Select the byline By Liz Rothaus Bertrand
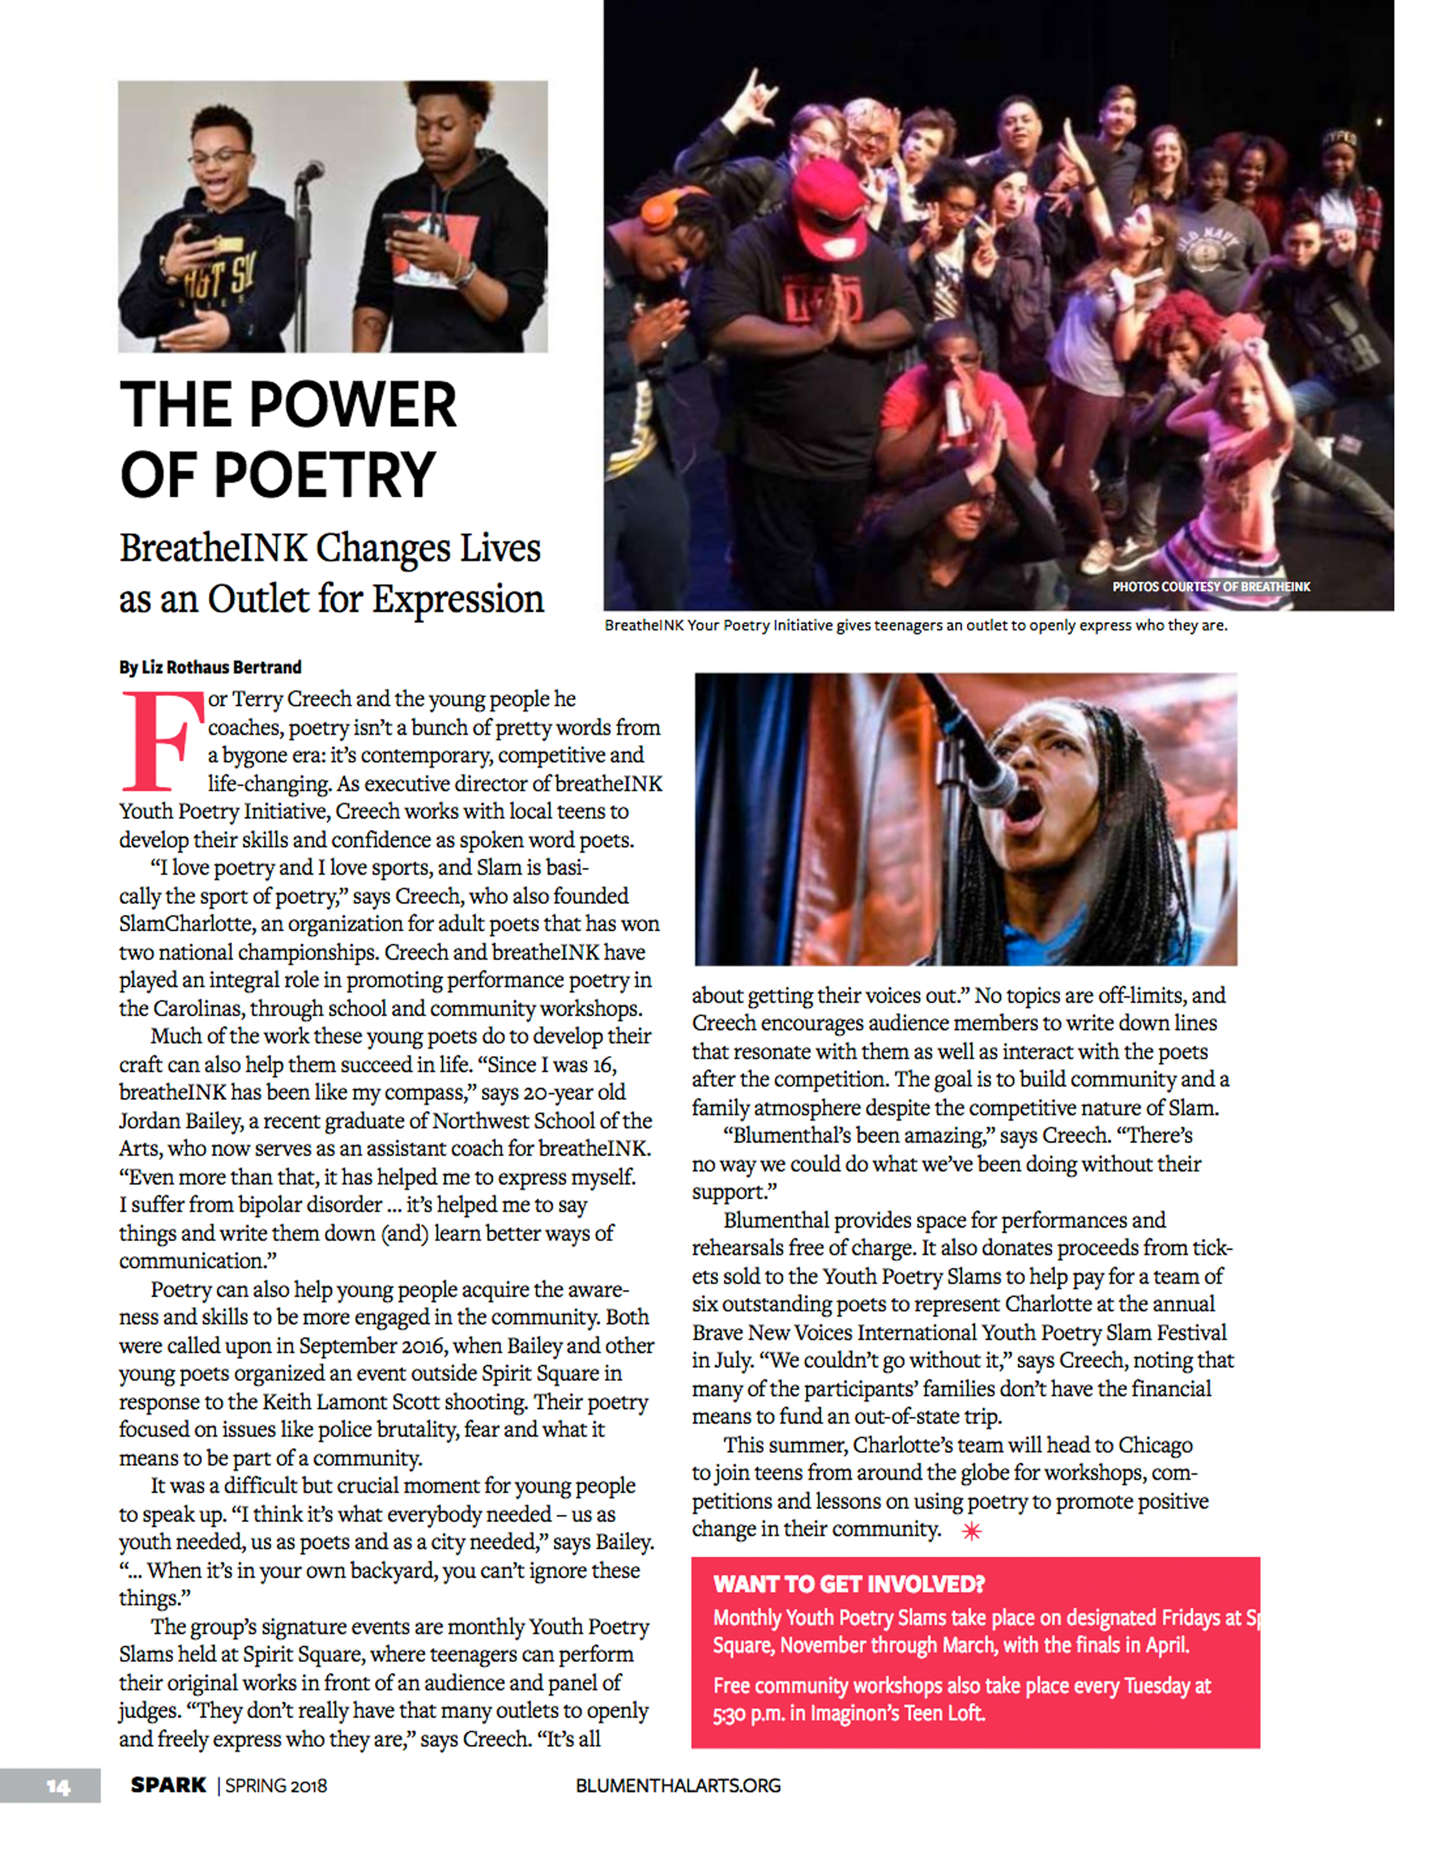click(x=210, y=668)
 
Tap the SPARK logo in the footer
click(x=168, y=1785)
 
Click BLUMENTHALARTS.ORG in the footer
click(x=678, y=1786)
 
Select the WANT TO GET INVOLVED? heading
click(x=848, y=1584)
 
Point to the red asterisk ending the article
click(x=971, y=1530)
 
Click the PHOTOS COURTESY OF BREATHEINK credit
click(x=1210, y=586)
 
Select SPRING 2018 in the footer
click(x=276, y=1786)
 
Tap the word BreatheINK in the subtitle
click(x=212, y=548)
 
